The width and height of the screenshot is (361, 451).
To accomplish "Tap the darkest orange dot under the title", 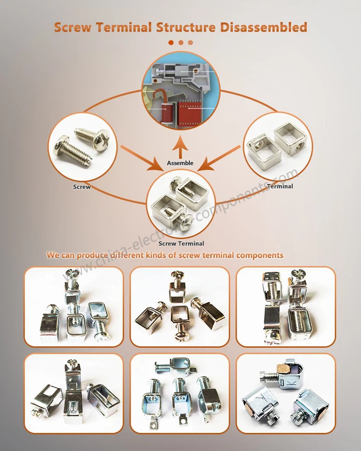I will (171, 43).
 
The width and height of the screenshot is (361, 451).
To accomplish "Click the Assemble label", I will (180, 163).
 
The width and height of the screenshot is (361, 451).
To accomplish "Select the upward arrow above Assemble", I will (180, 146).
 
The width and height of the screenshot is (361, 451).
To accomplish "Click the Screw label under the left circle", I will (82, 187).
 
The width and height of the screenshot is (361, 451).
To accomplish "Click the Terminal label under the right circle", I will (280, 186).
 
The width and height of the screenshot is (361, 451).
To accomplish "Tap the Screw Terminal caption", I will (180, 243).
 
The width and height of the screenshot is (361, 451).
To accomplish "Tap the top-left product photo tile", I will (74, 307).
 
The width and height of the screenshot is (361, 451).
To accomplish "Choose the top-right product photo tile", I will (286, 307).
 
